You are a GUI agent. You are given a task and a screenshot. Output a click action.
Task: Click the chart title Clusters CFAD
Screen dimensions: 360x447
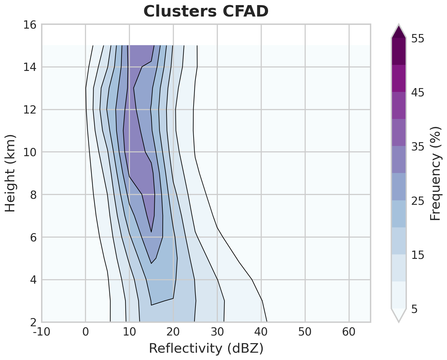click(206, 12)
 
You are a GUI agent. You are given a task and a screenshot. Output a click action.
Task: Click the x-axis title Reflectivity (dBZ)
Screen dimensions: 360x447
click(206, 349)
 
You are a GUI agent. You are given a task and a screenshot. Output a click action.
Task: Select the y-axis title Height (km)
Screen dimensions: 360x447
click(11, 173)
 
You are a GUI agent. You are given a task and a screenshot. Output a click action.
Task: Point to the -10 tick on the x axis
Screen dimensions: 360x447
click(42, 332)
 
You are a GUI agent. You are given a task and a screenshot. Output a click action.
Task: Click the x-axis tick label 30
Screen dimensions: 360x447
click(217, 332)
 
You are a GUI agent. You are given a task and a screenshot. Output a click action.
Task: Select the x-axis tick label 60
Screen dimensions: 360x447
click(349, 332)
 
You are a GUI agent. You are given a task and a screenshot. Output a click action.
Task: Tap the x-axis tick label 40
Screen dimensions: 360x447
click(261, 332)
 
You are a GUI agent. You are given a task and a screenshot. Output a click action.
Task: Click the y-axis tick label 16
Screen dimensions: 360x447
click(30, 24)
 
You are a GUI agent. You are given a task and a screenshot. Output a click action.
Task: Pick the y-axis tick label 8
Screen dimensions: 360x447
click(33, 195)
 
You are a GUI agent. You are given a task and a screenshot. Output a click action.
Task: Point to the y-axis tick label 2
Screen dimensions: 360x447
click(33, 322)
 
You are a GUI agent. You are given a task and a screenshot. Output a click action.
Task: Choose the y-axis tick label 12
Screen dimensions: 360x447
click(30, 110)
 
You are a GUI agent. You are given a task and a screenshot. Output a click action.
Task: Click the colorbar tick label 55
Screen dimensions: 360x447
click(418, 38)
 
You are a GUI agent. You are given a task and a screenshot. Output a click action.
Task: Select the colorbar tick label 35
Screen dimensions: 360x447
click(418, 147)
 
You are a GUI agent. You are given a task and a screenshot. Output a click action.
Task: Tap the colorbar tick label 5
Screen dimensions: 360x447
click(415, 309)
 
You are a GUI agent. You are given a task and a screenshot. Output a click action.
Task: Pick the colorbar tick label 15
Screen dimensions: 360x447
click(418, 255)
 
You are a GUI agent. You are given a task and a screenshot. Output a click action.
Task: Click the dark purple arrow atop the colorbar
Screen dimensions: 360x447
click(399, 32)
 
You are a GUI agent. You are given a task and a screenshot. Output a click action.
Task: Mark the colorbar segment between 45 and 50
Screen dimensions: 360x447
click(399, 79)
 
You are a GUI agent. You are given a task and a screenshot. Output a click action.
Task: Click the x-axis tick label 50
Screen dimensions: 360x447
click(305, 332)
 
